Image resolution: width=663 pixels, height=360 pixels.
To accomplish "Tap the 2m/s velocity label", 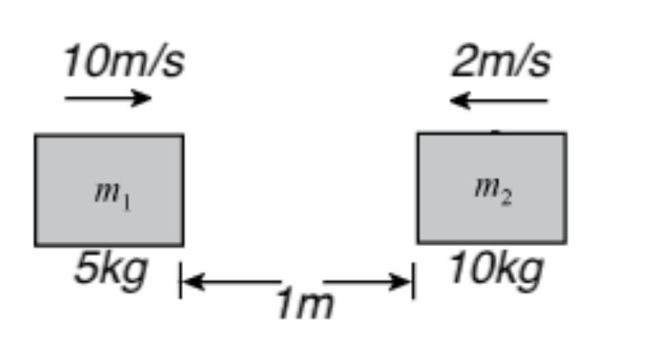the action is point(501,62).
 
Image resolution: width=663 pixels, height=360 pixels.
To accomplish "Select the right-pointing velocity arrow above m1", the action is point(109,98).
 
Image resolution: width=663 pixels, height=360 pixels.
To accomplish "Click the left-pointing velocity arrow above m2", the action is point(499,100).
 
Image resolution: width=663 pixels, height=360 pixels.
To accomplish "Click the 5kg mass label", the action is point(110,269).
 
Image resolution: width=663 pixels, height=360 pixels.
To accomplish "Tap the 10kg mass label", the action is point(496,269).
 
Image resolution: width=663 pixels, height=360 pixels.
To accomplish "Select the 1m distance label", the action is point(304,304).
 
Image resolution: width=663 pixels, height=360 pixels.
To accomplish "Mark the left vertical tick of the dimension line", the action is point(180,280).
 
